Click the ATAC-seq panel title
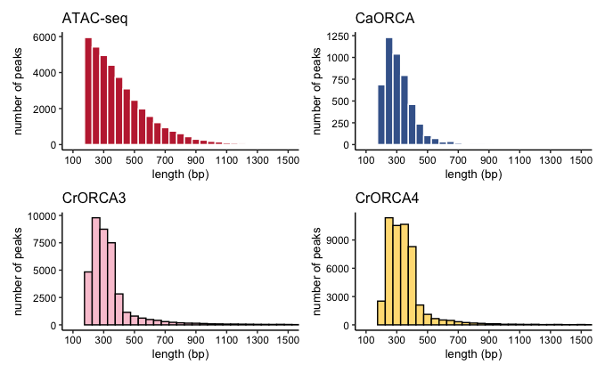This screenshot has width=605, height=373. (94, 19)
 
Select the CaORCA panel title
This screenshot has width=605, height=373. (385, 19)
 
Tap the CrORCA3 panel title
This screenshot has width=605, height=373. (94, 198)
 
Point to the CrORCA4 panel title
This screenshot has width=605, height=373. (387, 198)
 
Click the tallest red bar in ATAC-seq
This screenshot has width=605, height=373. (88, 92)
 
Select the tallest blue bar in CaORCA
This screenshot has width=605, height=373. (388, 92)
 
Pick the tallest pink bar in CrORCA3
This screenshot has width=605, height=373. (96, 272)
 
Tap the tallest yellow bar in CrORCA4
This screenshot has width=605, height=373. (388, 272)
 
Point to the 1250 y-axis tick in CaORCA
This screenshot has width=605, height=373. (338, 36)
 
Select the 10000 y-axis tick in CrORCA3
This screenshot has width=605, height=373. (42, 215)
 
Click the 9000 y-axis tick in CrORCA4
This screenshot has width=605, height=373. (338, 240)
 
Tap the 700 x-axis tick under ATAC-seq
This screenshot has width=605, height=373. (165, 159)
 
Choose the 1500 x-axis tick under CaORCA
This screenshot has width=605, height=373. (581, 159)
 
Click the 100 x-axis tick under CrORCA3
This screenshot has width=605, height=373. (73, 340)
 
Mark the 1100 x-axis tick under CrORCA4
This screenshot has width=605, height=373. (519, 340)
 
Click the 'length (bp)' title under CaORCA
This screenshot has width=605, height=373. (473, 174)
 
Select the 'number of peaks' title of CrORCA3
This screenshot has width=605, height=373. (18, 272)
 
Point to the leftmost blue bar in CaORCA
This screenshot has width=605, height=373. (381, 115)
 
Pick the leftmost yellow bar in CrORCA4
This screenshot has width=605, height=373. (381, 312)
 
